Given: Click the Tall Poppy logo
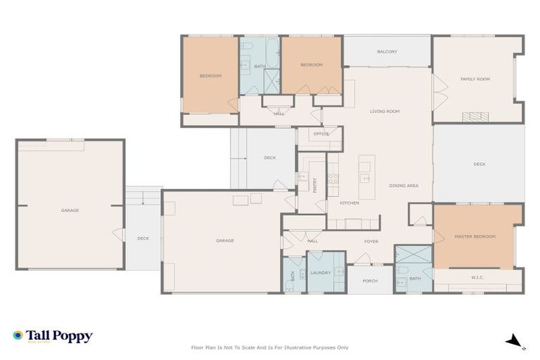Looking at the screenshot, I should pyautogui.click(x=53, y=336).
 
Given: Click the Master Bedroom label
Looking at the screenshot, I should pyautogui.click(x=475, y=236).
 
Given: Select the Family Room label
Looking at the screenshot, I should pyautogui.click(x=475, y=79).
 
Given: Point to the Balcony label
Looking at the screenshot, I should pyautogui.click(x=387, y=51).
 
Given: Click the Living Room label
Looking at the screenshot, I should pyautogui.click(x=385, y=111).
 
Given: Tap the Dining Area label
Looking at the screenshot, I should pyautogui.click(x=404, y=186).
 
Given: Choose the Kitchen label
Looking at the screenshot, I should pyautogui.click(x=349, y=203).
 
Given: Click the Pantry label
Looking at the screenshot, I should pyautogui.click(x=315, y=186).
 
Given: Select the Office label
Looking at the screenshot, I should pyautogui.click(x=321, y=134).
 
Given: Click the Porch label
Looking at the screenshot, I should pyautogui.click(x=370, y=281).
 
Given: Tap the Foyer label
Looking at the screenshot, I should pyautogui.click(x=371, y=241).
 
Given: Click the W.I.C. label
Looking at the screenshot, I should pyautogui.click(x=477, y=277).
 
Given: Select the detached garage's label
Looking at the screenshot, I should pyautogui.click(x=70, y=210).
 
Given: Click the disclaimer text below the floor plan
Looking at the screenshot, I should pyautogui.click(x=269, y=347).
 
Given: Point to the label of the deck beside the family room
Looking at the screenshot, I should pyautogui.click(x=479, y=164).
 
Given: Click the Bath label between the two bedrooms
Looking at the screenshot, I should pyautogui.click(x=259, y=67).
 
